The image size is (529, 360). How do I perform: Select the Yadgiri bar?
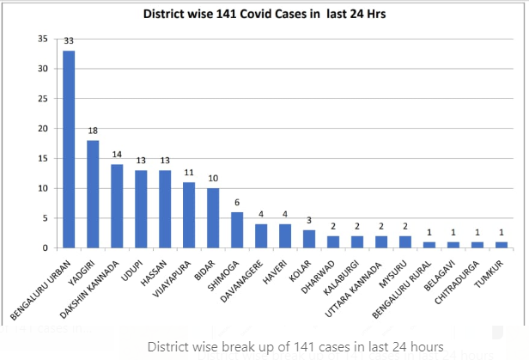click(93, 194)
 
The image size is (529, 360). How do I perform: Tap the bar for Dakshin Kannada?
click(117, 206)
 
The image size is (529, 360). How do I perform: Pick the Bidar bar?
click(213, 218)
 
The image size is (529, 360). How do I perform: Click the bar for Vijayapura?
click(189, 215)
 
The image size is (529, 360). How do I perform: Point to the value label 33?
click(69, 41)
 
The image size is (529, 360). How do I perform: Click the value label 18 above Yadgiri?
click(93, 131)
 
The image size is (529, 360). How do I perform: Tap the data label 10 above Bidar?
click(213, 180)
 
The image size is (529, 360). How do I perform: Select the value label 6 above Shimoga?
click(237, 203)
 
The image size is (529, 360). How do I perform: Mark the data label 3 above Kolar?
click(309, 221)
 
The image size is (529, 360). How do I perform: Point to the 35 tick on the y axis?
click(42, 39)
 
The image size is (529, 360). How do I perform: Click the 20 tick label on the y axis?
click(42, 129)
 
